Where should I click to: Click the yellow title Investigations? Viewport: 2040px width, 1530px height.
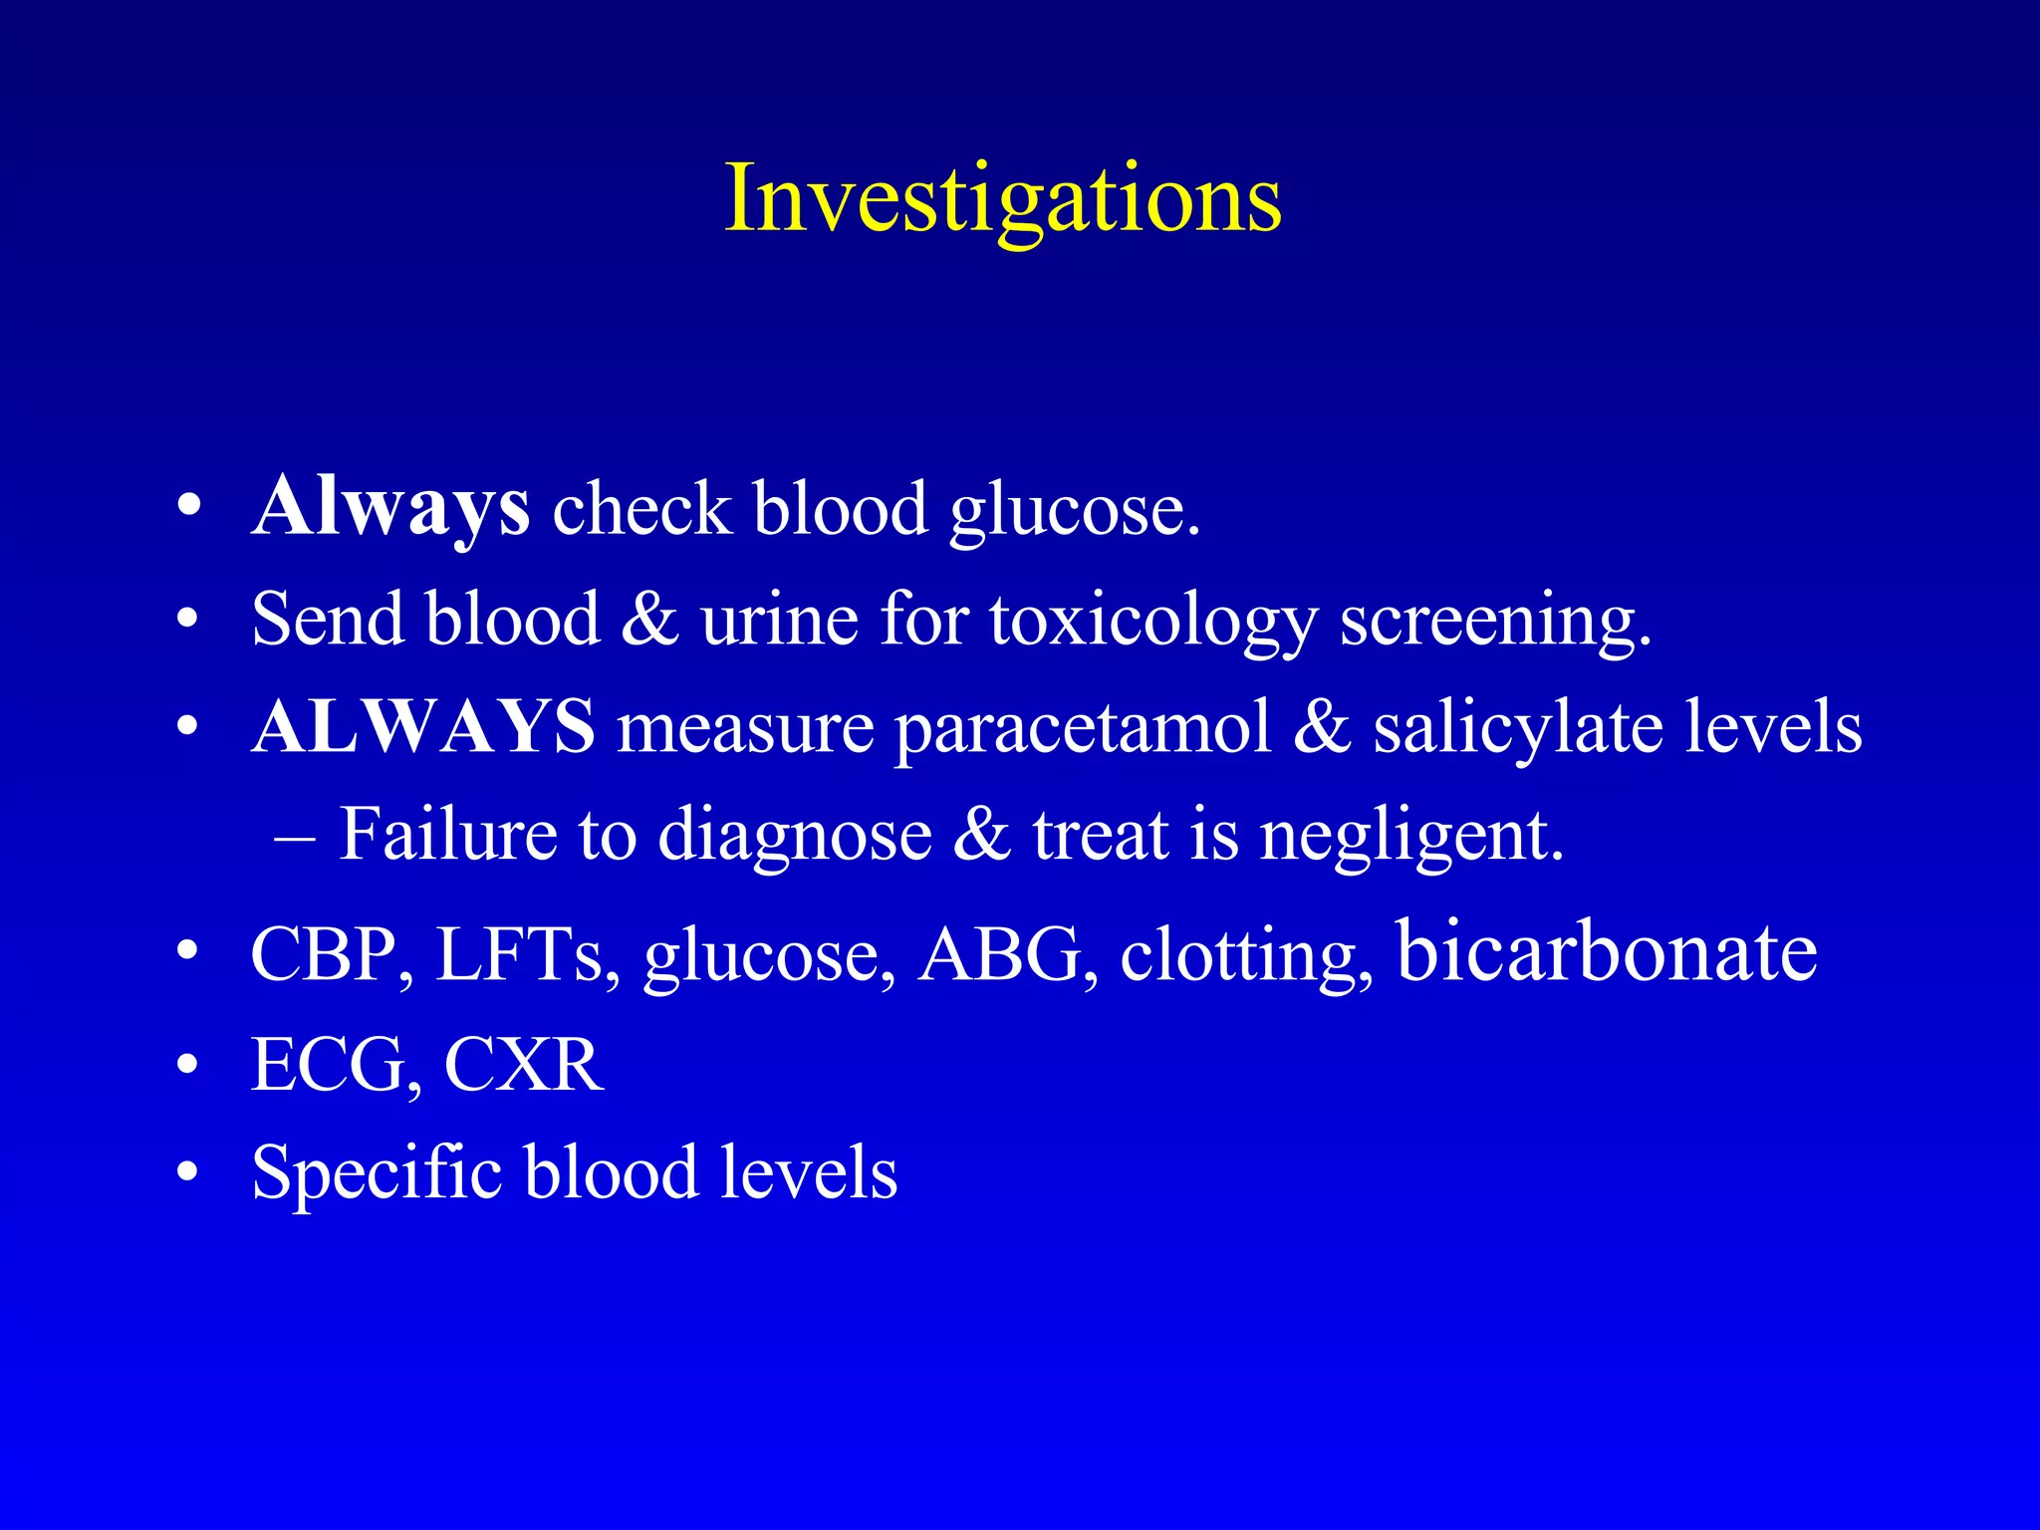coord(1002,199)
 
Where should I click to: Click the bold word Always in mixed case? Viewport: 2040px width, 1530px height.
coord(390,508)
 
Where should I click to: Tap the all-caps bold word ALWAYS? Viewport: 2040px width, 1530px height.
coord(423,726)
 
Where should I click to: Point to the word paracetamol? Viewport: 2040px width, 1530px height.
coord(1083,728)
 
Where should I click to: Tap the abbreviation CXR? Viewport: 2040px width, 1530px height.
coord(524,1064)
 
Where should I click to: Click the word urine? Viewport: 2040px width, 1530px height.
coord(779,620)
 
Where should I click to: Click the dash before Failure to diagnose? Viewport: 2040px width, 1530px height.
coord(295,837)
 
